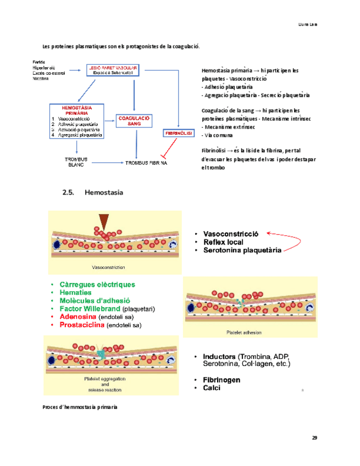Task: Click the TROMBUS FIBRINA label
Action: [146, 163]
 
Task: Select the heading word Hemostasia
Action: [104, 193]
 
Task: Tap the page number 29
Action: [314, 438]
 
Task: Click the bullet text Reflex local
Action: [223, 242]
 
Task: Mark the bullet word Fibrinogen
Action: [221, 380]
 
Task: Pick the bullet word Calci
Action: [212, 388]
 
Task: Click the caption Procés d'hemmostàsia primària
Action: [80, 407]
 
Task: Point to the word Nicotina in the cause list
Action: [41, 79]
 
